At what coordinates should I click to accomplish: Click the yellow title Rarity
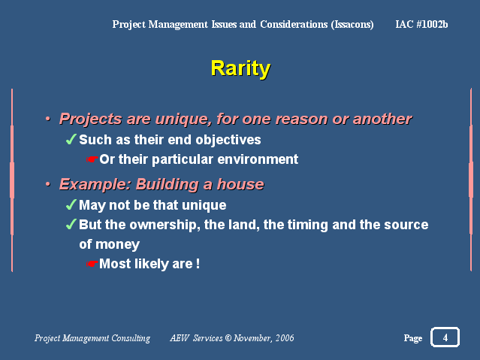[240, 68]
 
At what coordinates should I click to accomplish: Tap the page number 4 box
[445, 337]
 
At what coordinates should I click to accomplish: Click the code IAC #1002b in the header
[421, 24]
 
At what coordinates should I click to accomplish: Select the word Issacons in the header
[352, 25]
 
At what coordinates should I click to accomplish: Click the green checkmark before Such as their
[71, 139]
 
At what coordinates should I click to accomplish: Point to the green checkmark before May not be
[71, 204]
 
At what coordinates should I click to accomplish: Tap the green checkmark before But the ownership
[71, 224]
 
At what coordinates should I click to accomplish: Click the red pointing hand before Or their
[92, 159]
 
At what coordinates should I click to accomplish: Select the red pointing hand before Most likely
[92, 264]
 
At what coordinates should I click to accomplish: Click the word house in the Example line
[240, 184]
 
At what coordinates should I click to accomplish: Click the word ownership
[162, 225]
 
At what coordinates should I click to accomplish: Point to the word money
[117, 244]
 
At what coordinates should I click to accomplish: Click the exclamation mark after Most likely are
[198, 264]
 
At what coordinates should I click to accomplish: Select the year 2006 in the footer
[285, 338]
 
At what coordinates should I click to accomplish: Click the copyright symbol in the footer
[228, 338]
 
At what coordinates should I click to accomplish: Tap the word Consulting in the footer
[131, 338]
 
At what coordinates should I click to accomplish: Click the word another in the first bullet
[382, 119]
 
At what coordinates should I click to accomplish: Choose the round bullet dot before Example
[48, 184]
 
